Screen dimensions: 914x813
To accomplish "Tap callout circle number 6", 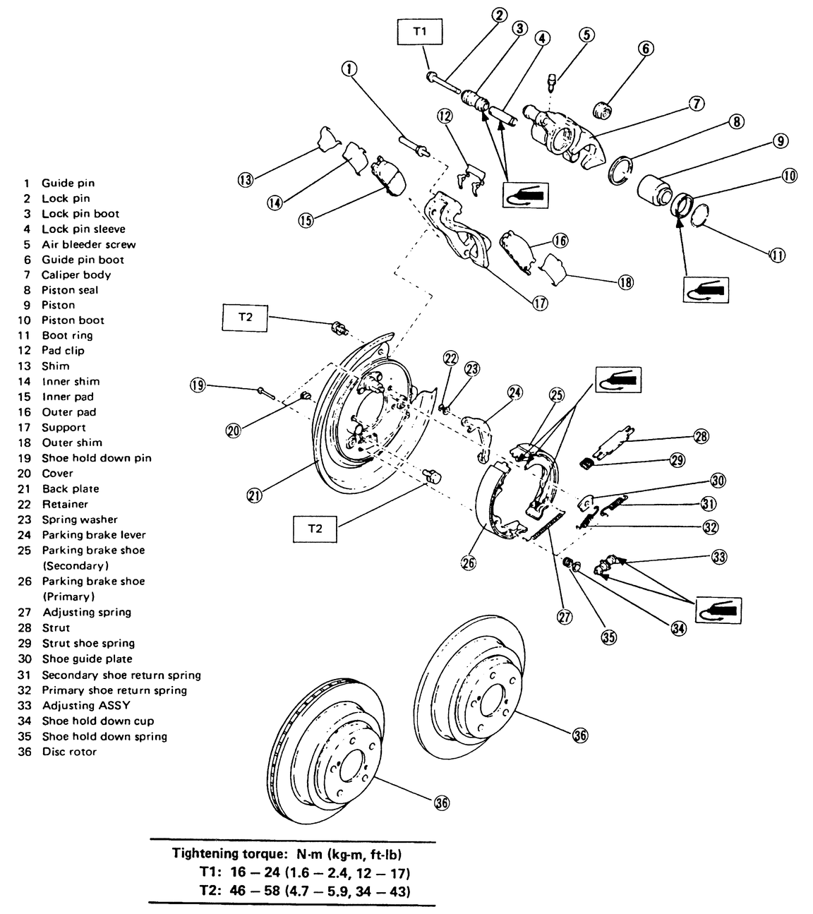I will (x=646, y=49).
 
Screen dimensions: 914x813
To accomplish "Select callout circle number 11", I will (x=777, y=255).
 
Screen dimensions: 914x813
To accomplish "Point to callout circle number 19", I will (x=197, y=385).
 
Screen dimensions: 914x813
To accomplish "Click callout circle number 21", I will (x=254, y=495).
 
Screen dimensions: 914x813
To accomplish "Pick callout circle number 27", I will (x=565, y=616).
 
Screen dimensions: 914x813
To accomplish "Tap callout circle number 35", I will (x=608, y=636).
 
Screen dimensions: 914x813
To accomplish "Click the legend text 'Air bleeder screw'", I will (x=88, y=244).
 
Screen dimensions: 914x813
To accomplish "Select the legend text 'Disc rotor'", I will (x=69, y=752).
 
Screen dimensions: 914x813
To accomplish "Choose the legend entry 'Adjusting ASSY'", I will (x=86, y=705).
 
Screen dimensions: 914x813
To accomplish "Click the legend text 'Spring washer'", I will (x=80, y=519).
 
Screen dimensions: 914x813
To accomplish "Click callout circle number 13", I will (x=245, y=180).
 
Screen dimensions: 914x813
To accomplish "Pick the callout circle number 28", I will (x=700, y=437).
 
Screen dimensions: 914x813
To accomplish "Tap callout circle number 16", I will (x=560, y=241).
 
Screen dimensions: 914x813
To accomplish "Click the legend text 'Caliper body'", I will (x=76, y=275).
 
